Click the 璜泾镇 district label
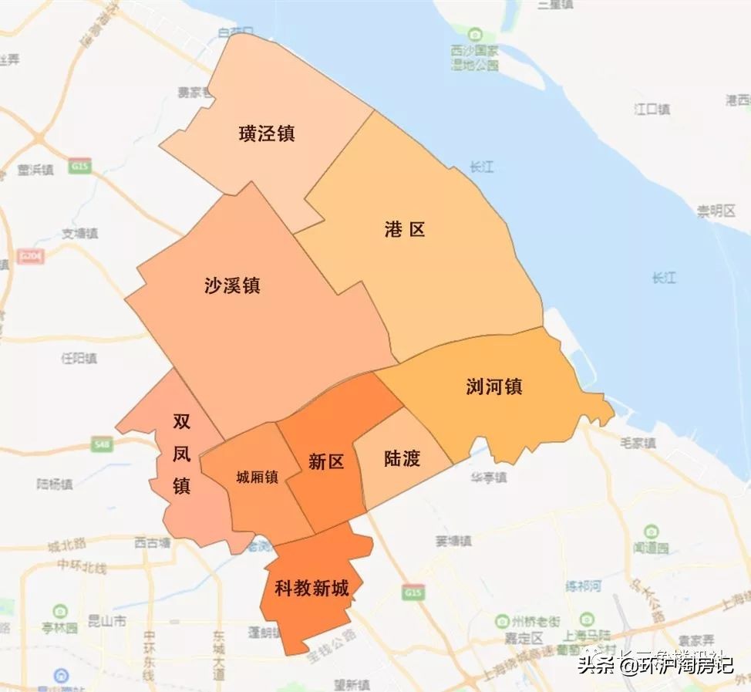tap(267, 133)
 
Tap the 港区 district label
tap(405, 229)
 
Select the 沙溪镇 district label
tap(232, 285)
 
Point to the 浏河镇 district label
tap(494, 387)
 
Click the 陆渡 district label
tap(402, 459)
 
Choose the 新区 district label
tap(325, 461)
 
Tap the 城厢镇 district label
tap(257, 477)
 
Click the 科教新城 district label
tap(312, 589)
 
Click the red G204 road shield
tap(31, 255)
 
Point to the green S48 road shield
tap(101, 444)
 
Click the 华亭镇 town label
tap(489, 478)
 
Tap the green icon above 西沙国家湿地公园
tap(476, 35)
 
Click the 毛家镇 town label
tap(638, 443)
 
